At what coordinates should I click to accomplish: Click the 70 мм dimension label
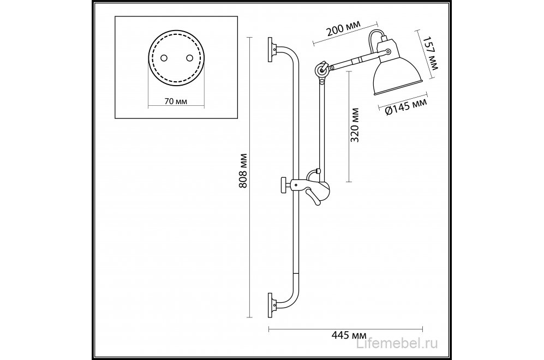pyautogui.click(x=176, y=101)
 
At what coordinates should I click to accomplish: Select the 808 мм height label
pyautogui.click(x=243, y=171)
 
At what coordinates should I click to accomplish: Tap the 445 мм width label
pyautogui.click(x=349, y=335)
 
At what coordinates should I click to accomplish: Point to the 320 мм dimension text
pyautogui.click(x=355, y=125)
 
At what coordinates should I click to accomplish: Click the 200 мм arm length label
pyautogui.click(x=343, y=28)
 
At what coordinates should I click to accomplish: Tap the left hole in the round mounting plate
pyautogui.click(x=164, y=58)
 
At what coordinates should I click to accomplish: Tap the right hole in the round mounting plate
pyautogui.click(x=189, y=58)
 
